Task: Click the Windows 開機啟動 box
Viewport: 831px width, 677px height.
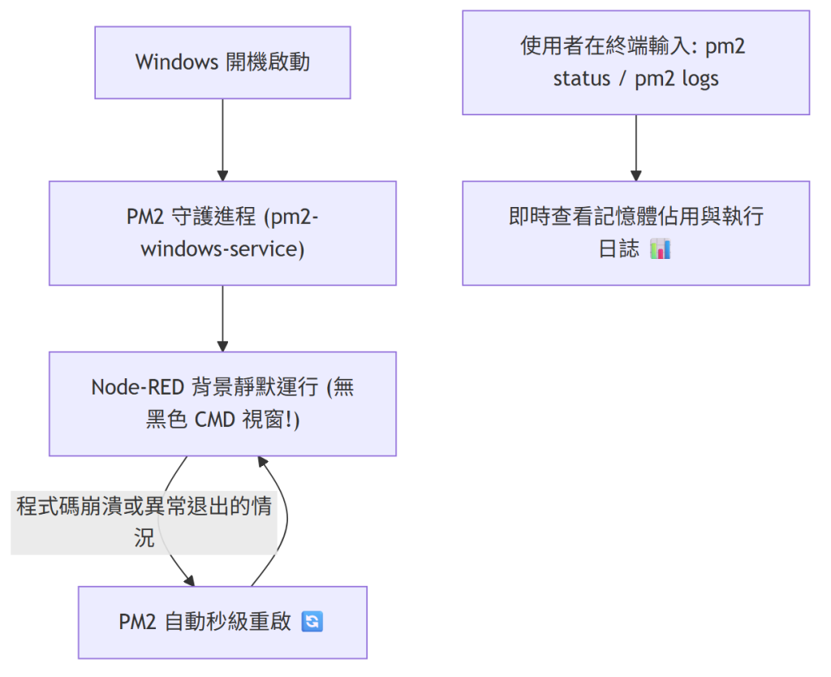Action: tap(222, 63)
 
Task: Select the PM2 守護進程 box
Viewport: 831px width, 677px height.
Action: tap(222, 233)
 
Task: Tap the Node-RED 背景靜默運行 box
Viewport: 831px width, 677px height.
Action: tap(222, 403)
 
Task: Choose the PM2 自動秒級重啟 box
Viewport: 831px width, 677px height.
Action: tap(222, 623)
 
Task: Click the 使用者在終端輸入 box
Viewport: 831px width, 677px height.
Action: tap(636, 63)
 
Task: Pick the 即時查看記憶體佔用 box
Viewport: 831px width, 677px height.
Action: tap(636, 233)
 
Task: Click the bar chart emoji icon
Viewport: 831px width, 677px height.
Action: tap(661, 248)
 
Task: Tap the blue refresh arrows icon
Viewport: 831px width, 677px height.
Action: tap(312, 621)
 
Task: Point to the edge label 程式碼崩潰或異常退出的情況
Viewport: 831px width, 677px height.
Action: tap(144, 523)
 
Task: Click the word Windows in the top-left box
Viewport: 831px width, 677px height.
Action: tap(176, 62)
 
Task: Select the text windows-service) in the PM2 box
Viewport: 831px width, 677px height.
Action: tap(222, 249)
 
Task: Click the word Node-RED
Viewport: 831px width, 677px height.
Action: tap(138, 387)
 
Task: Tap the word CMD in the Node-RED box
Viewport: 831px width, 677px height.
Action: tap(214, 420)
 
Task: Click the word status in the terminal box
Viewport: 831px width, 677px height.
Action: tap(582, 79)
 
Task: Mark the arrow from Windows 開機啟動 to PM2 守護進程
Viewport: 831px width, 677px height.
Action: tap(222, 140)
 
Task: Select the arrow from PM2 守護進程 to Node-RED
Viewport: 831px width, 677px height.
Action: tap(222, 319)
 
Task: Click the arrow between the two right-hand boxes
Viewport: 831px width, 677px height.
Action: tap(636, 148)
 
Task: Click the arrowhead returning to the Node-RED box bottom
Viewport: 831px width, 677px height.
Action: tap(263, 462)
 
